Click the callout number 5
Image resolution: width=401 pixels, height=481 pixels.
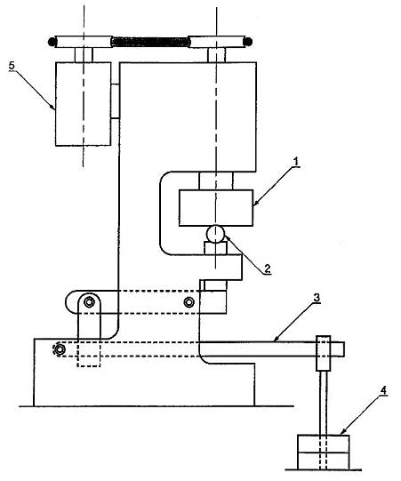point(12,65)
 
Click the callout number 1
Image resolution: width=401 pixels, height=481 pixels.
point(296,162)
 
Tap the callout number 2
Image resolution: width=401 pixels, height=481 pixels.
point(268,269)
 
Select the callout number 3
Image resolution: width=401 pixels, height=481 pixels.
point(317,298)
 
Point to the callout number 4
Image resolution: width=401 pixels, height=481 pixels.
point(383,390)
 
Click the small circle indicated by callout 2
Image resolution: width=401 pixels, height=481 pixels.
point(216,234)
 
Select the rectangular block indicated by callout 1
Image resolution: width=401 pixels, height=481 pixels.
point(216,208)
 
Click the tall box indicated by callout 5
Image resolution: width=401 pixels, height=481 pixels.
point(84,104)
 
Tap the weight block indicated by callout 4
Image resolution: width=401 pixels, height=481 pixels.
point(324,453)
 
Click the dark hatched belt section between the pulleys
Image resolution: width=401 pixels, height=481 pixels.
point(150,42)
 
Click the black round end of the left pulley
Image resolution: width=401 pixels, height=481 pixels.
point(52,42)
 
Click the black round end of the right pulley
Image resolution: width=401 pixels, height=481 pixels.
point(248,42)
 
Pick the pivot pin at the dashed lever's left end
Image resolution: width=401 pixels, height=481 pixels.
point(60,349)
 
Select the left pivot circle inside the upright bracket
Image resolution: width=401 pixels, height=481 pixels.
point(89,302)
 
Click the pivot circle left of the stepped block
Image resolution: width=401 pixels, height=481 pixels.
point(189,302)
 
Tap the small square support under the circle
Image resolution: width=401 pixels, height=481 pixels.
point(216,248)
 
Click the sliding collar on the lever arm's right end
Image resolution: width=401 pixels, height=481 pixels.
point(324,353)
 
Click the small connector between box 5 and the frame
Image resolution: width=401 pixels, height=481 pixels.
point(115,101)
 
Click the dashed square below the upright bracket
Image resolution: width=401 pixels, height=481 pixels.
point(89,354)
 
